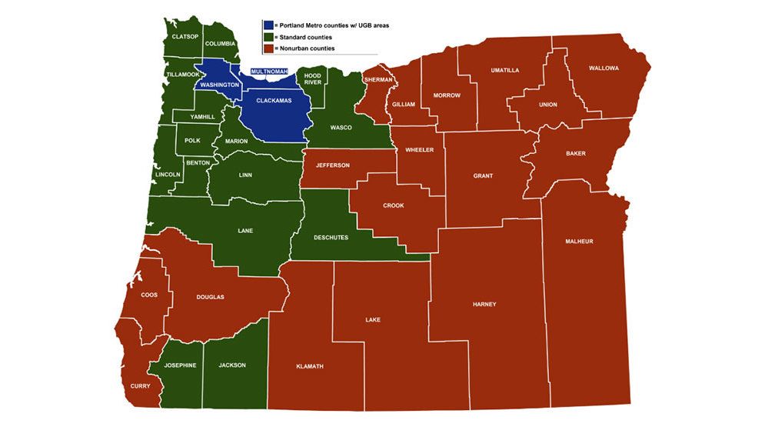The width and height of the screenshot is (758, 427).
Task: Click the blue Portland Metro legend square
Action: [x=268, y=25]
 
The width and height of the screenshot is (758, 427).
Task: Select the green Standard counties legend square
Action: [x=268, y=37]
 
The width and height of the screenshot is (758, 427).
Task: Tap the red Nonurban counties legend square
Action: [x=268, y=48]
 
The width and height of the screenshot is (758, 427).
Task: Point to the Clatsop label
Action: [x=185, y=36]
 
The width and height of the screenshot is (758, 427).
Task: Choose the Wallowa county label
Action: [x=603, y=68]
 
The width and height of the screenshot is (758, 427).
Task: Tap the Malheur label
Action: [x=579, y=242]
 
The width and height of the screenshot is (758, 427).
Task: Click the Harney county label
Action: [x=484, y=304]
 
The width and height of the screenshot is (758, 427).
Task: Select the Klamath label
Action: [x=310, y=366]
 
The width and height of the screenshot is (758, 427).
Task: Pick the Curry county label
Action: [x=140, y=385]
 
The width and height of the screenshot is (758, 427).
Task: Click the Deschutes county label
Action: [x=332, y=238]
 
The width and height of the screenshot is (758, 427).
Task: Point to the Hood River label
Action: [x=312, y=79]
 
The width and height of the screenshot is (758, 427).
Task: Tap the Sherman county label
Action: [x=379, y=79]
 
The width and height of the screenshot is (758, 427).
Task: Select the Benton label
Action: [x=198, y=163]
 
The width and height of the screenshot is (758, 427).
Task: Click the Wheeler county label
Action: [x=420, y=149]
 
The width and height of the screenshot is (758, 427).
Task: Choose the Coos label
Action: [x=149, y=295]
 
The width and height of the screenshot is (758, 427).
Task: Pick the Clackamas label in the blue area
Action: [x=273, y=101]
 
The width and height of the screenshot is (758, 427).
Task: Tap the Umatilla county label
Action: [x=505, y=70]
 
